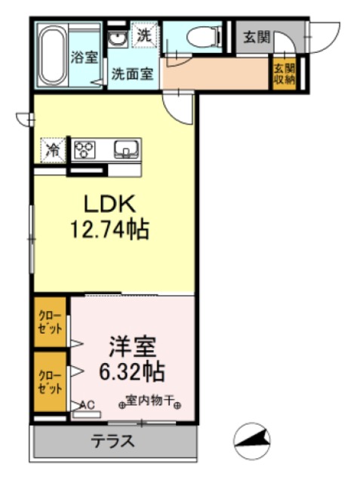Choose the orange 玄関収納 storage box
(x=284, y=74)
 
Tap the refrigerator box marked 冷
(x=53, y=149)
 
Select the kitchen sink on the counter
(x=125, y=149)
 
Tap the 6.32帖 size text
(x=132, y=371)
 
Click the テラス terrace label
(x=113, y=441)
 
